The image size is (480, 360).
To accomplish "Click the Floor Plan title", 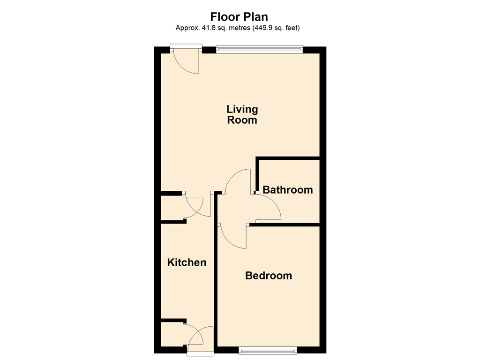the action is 239,16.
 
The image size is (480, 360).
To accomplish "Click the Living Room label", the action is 242,114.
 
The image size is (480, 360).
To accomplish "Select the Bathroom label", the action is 288,190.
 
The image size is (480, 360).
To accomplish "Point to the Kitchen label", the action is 187,262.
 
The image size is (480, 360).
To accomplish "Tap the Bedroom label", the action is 269,276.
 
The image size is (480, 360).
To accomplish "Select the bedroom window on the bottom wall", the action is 268,350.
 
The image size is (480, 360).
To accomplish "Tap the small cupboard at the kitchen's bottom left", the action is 172,334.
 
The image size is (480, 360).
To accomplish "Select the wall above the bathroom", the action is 288,158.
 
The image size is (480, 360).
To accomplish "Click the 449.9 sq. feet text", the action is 276,28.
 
